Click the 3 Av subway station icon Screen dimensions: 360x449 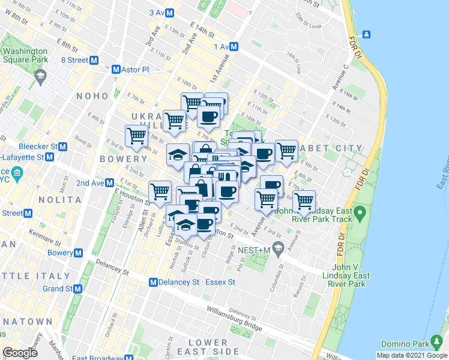point(170,13)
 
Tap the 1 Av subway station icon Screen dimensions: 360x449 point(234,46)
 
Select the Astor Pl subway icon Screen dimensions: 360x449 point(116,70)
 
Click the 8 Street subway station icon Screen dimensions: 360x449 point(94,60)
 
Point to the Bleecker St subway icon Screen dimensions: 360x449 point(62,146)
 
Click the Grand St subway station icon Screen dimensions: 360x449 point(78,289)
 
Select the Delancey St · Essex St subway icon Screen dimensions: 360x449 point(154,282)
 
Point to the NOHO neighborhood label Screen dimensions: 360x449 point(92,96)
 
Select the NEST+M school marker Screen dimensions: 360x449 point(277,247)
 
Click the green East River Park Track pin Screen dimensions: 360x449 point(360,212)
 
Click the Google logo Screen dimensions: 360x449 point(20,353)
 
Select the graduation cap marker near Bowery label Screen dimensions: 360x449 point(178,154)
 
